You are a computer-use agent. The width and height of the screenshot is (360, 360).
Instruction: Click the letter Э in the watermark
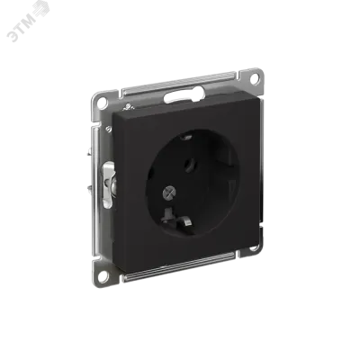(x=13, y=36)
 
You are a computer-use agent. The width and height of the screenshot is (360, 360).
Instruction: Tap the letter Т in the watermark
(x=22, y=30)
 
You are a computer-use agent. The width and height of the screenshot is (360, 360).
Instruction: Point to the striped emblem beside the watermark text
(x=42, y=10)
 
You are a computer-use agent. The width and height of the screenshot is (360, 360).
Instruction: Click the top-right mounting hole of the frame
(x=254, y=78)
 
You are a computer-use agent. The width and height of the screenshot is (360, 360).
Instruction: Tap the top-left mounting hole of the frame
(x=103, y=103)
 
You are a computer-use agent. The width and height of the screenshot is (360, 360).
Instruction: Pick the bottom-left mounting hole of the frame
(x=103, y=274)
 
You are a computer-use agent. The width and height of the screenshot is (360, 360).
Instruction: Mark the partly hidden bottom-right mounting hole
(x=254, y=247)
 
